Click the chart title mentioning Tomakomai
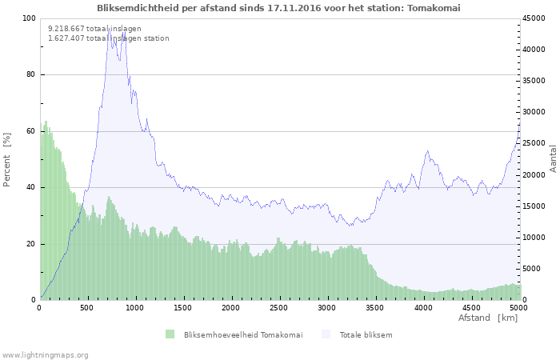(278, 8)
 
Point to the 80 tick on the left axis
(30, 75)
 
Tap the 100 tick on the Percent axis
(28, 18)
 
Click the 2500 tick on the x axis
(279, 307)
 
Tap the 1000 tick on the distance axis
(135, 307)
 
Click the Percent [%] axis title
(7, 160)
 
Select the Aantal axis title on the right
(553, 158)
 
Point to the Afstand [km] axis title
(487, 318)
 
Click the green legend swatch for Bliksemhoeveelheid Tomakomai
(170, 334)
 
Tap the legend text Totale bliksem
(366, 334)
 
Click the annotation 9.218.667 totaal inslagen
(94, 29)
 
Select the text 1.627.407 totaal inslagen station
(108, 38)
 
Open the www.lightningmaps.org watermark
(45, 354)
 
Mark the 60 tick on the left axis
(30, 131)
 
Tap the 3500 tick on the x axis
(375, 307)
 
